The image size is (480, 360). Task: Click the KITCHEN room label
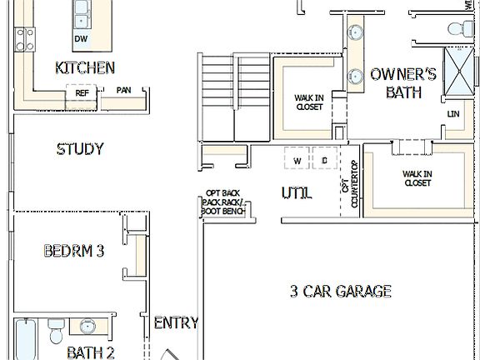84,67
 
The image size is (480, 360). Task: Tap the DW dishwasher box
81,39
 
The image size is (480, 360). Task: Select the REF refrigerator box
82,92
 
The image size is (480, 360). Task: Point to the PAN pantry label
123,91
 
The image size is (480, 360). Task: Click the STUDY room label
80,149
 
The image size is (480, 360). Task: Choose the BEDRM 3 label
73,250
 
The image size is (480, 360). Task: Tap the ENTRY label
176,322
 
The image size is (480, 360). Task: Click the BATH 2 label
90,352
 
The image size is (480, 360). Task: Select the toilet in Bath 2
57,332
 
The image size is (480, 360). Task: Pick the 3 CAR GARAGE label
340,291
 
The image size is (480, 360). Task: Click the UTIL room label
297,193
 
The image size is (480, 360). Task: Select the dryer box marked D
324,158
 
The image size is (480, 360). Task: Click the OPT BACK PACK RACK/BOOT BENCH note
222,202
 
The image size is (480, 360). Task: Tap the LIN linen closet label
453,114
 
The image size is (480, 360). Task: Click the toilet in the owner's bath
459,28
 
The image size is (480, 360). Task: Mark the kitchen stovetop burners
25,38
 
